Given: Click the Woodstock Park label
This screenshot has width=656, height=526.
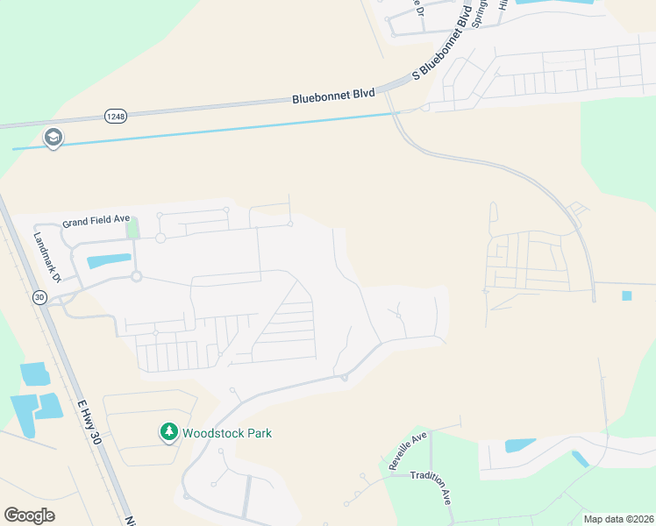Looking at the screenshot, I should click(226, 433).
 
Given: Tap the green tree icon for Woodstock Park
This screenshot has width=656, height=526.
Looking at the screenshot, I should click(168, 432).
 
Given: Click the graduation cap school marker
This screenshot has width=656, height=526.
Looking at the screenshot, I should click(53, 138).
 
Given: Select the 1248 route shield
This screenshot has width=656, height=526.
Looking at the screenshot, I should click(115, 116).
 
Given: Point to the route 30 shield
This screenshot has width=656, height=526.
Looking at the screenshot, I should click(39, 297).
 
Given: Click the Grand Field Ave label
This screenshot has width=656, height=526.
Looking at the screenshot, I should click(96, 219).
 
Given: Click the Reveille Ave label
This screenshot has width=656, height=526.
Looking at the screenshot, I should click(408, 449).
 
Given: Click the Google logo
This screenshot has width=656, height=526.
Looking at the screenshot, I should click(29, 515).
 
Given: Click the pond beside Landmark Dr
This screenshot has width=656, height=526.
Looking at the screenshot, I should click(110, 260).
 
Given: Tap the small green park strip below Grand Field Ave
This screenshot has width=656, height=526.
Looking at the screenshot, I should click(132, 228).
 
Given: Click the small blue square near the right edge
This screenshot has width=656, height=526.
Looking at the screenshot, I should click(626, 295).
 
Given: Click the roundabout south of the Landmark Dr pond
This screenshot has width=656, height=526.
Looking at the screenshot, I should click(137, 277).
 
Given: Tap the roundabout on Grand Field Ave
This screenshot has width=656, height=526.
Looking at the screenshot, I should click(161, 238).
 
